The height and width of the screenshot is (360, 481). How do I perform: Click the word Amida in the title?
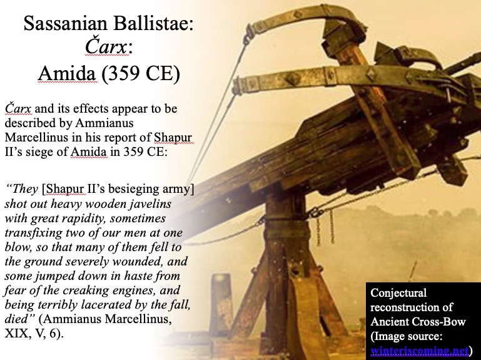coord(67,73)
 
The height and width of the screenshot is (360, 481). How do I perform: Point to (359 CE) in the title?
coord(141,74)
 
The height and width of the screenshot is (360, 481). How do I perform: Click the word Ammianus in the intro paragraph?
coord(104,123)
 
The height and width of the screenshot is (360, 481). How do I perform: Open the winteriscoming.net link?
coord(419,351)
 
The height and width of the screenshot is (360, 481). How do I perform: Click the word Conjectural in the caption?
coord(398,293)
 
